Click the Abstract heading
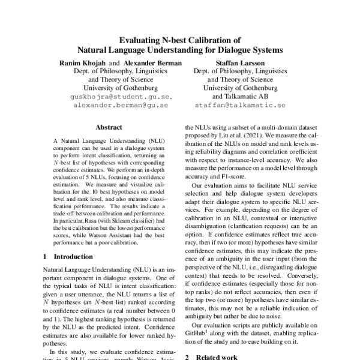click(x=109, y=127)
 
